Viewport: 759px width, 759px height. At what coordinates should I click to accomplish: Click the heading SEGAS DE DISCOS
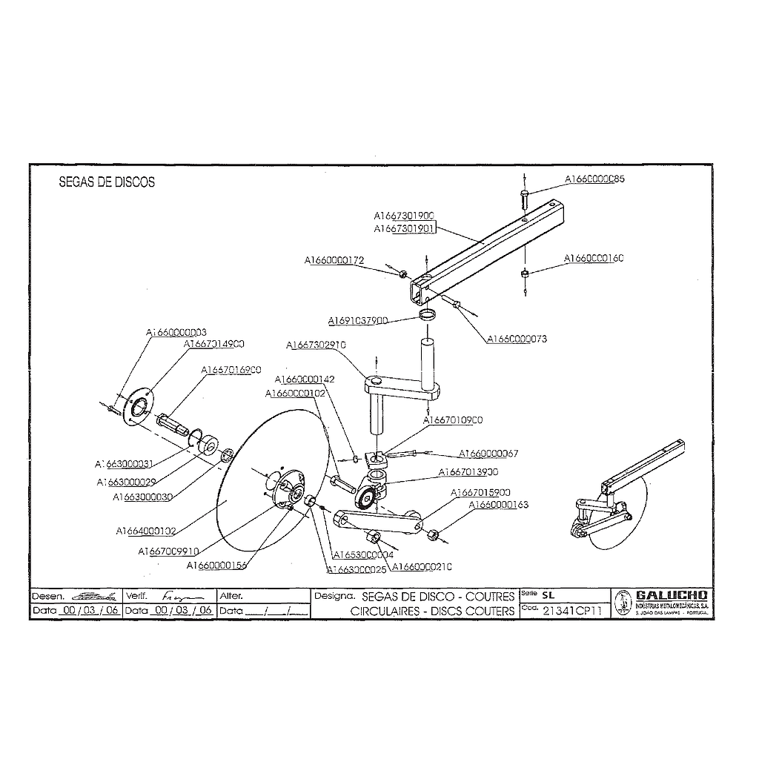[x=107, y=182]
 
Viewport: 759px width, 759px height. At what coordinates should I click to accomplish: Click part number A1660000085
[x=594, y=179]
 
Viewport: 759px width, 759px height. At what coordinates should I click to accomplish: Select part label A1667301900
[x=404, y=215]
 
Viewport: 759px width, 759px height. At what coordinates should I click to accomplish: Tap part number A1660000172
[x=334, y=260]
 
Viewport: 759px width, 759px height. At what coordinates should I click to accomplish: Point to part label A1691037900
[x=358, y=321]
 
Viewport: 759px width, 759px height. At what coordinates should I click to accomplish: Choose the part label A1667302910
[x=316, y=345]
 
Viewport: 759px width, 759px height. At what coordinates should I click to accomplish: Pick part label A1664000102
[x=146, y=531]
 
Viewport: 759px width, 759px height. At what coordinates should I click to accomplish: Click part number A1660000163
[x=499, y=505]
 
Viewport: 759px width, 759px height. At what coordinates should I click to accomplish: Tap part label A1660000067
[x=488, y=453]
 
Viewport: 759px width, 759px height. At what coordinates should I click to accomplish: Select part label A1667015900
[x=481, y=492]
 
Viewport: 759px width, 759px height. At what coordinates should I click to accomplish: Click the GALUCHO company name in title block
[x=672, y=595]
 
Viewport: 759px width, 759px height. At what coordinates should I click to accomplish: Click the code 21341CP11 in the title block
[x=571, y=611]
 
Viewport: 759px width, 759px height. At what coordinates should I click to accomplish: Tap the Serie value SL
[x=548, y=595]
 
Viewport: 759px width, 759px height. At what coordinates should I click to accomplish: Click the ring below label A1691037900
[x=428, y=316]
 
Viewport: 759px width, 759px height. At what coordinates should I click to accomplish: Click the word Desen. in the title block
[x=48, y=596]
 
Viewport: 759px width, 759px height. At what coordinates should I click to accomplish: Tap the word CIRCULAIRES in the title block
[x=386, y=611]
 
